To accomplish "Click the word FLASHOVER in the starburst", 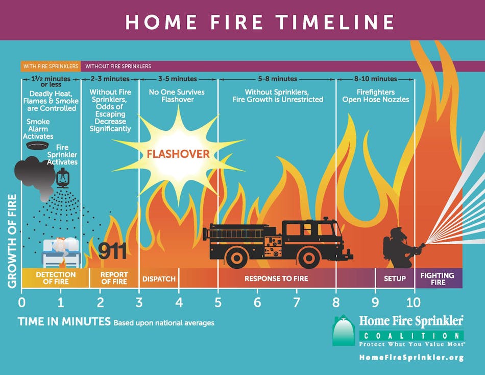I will click(x=178, y=154).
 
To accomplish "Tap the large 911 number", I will click(x=112, y=250).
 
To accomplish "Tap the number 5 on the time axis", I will click(x=218, y=301).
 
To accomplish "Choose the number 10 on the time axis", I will click(x=414, y=301).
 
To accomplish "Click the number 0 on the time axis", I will click(x=21, y=301).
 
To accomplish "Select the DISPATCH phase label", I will click(x=159, y=279).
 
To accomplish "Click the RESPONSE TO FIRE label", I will click(x=276, y=279).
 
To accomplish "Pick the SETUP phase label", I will click(x=395, y=278).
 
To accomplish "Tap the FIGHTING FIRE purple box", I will click(x=438, y=278).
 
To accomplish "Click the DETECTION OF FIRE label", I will click(x=56, y=278).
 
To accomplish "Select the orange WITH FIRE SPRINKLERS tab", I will click(x=51, y=66).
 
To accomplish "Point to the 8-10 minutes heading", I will click(x=375, y=79).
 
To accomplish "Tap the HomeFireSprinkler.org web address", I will click(x=411, y=358).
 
